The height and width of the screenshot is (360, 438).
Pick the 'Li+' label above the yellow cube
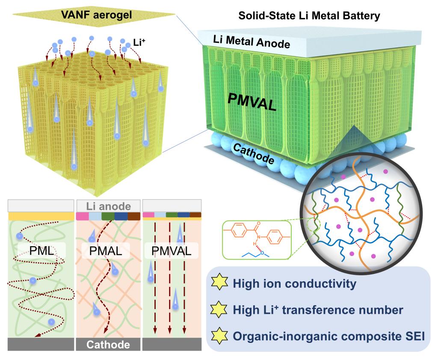(139, 44)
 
